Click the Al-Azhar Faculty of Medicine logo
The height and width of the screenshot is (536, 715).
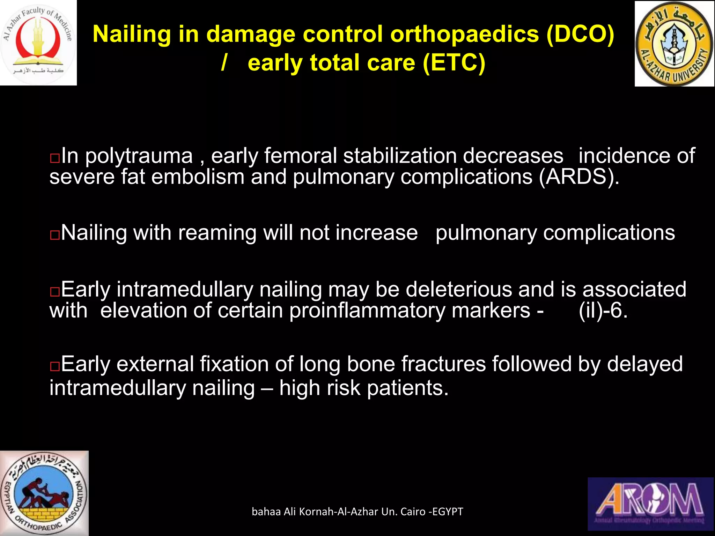coord(38,43)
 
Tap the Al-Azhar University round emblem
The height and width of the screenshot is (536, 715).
coord(674,44)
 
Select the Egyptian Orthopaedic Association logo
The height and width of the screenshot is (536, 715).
coord(44,493)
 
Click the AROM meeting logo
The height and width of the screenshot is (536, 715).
coord(651,504)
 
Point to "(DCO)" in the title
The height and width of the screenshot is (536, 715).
coord(580,34)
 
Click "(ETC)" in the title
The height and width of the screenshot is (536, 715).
coord(454,63)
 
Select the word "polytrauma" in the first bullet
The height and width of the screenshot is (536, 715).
coord(139,156)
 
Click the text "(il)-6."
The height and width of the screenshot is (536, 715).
coord(603,310)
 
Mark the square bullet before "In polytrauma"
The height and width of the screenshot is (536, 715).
coord(55,158)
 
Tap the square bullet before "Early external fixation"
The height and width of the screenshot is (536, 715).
coord(55,366)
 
